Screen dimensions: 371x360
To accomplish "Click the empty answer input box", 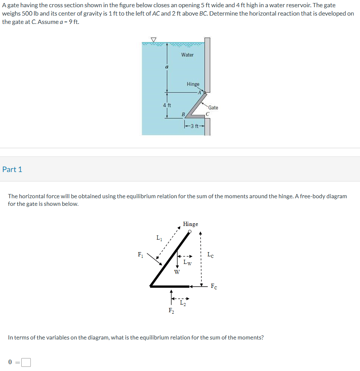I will (26, 363).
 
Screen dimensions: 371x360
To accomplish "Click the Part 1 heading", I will (12, 169).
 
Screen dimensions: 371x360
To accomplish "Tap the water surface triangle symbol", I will (154, 39).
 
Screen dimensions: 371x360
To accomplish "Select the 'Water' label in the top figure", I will (187, 55).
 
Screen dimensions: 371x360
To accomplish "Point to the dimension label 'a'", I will (166, 67).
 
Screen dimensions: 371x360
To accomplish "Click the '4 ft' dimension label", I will (167, 105).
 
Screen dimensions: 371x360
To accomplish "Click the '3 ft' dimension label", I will (195, 126).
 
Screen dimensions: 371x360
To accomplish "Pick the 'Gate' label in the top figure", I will (213, 108).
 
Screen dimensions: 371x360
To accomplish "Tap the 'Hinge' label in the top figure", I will (193, 84).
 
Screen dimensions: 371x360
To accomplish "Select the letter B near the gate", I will (183, 114).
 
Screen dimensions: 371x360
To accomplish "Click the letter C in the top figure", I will (208, 114).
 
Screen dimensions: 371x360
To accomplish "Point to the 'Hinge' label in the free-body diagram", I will (190, 224).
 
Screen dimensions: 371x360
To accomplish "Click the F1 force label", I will (141, 254).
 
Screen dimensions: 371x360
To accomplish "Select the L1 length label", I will (159, 238).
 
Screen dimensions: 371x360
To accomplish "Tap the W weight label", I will (177, 272).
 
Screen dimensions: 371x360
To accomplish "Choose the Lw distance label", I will (187, 262).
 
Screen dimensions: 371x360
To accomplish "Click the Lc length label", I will (211, 255).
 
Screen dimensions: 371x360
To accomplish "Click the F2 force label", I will (171, 311).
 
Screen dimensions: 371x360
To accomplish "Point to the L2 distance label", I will (183, 303).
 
